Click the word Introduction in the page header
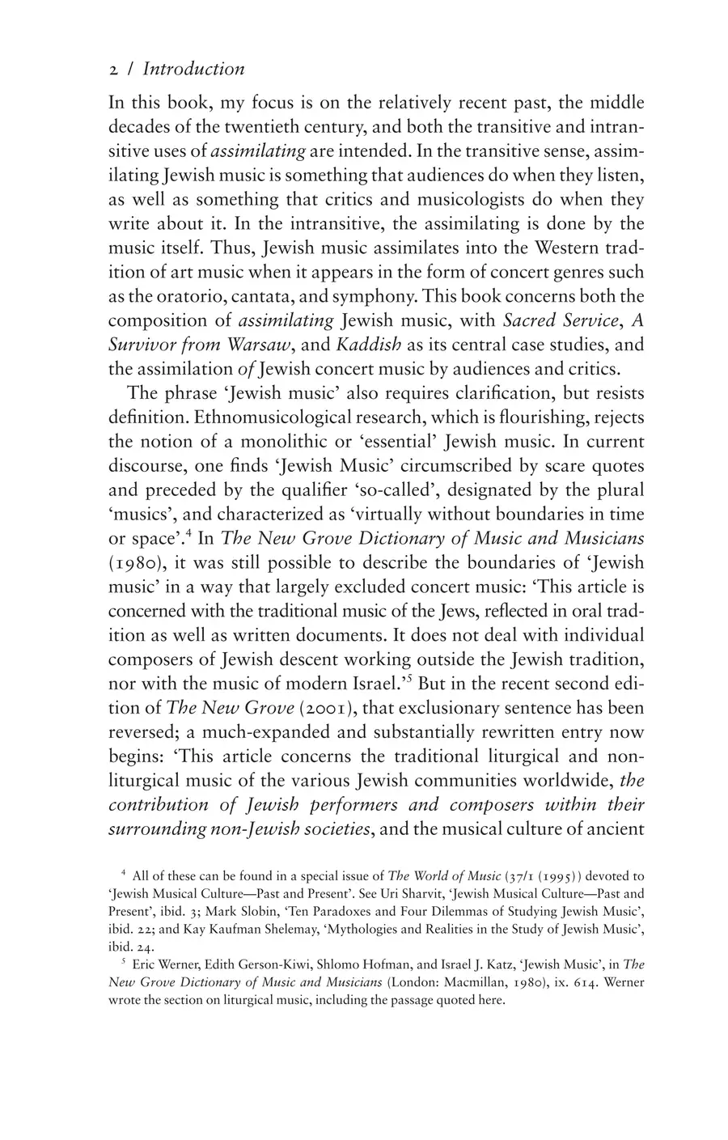coord(193,70)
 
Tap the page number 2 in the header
coord(113,70)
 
